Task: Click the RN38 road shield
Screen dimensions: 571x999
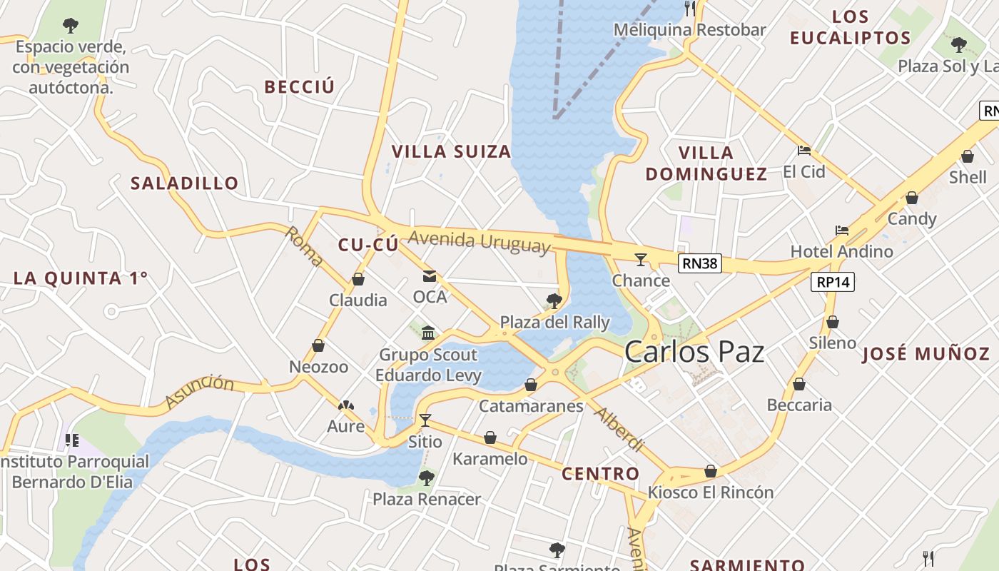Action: coord(699,263)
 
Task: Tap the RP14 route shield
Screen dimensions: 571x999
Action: coord(833,282)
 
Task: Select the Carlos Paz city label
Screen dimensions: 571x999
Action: coord(694,352)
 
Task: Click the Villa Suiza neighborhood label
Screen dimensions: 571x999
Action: coord(451,151)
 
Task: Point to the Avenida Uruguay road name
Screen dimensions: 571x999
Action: coord(480,241)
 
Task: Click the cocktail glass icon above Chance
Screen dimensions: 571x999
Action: coord(641,258)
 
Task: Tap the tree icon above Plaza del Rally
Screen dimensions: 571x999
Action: coord(554,300)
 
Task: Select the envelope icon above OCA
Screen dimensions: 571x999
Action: coord(430,276)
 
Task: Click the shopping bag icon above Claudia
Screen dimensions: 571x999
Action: coord(358,279)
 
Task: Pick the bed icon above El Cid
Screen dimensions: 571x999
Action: coord(804,151)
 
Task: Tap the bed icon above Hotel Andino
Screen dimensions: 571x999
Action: coord(842,231)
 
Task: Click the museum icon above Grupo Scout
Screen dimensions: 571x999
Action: coord(428,333)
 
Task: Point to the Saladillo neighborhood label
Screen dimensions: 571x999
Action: coord(184,183)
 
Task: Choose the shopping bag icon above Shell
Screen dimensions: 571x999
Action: coord(968,156)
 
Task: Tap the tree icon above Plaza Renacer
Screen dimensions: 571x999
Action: coord(427,477)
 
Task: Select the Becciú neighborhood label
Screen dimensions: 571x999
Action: coord(299,87)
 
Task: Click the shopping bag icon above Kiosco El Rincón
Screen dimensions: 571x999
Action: coord(711,471)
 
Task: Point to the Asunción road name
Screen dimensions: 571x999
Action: coord(199,392)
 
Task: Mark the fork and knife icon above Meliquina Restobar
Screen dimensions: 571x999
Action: coord(690,9)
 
